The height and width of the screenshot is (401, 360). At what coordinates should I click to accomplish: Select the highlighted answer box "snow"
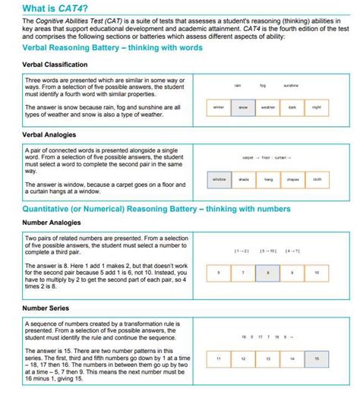(x=243, y=108)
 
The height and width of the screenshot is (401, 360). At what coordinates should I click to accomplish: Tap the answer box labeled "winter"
(x=219, y=108)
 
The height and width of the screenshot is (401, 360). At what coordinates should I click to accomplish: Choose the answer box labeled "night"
(x=317, y=108)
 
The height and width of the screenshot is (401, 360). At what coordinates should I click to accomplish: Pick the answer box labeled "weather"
(x=268, y=108)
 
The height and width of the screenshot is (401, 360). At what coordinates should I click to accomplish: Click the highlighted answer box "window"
(x=219, y=179)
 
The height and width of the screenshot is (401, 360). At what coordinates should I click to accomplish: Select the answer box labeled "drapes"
(x=292, y=179)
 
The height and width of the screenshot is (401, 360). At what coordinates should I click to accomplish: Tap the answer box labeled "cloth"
(x=317, y=179)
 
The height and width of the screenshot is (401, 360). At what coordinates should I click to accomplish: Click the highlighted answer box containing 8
(x=268, y=271)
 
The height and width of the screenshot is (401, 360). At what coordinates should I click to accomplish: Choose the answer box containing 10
(x=317, y=271)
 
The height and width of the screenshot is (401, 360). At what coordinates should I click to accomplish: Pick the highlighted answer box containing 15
(x=317, y=357)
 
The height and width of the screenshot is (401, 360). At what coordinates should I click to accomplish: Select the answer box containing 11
(x=219, y=357)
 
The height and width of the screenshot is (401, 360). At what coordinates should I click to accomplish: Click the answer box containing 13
(x=268, y=357)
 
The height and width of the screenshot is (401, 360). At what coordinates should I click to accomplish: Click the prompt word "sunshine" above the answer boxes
(x=291, y=86)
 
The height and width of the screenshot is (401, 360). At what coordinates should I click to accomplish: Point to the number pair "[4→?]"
(x=292, y=250)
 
